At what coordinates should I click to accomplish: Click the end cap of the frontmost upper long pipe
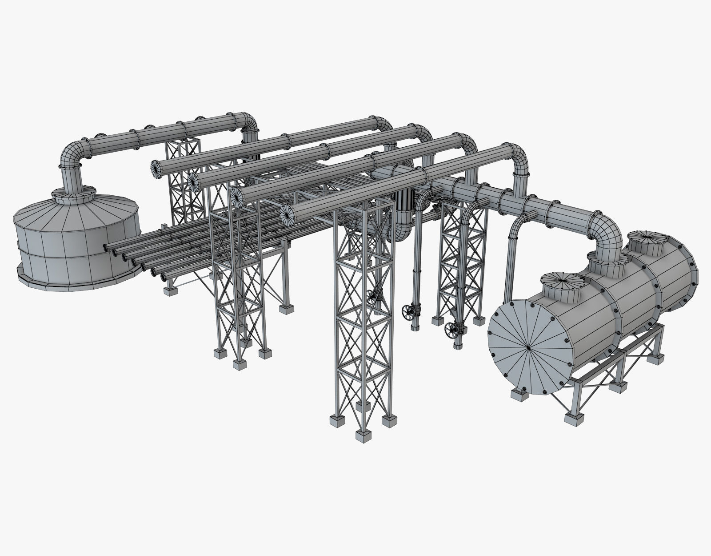point(288,216)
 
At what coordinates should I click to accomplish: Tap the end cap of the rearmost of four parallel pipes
point(157,169)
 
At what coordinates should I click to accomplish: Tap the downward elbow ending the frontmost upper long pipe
point(518,156)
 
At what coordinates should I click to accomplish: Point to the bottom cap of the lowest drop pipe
point(458,345)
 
